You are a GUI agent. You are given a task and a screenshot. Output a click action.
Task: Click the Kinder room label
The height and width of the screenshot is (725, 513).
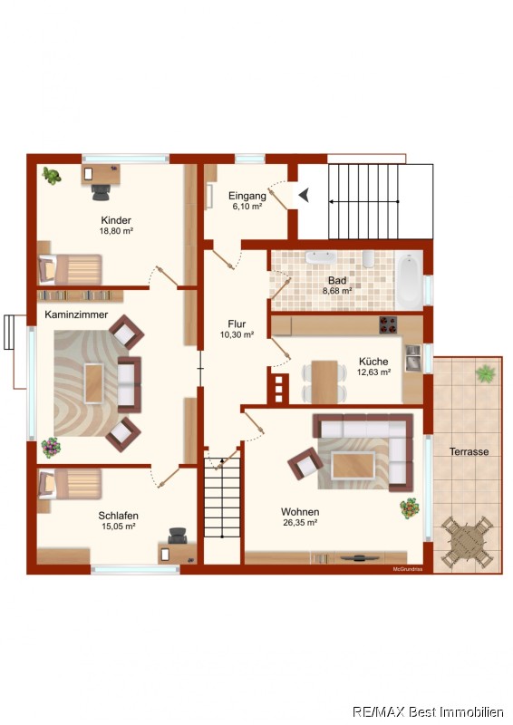click(x=116, y=220)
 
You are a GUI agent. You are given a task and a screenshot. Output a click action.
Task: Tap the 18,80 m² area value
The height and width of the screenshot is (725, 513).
click(x=116, y=231)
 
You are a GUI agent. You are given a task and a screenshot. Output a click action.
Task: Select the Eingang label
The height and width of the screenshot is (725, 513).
click(x=247, y=196)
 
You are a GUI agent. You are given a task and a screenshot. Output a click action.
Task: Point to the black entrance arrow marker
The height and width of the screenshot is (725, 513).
click(x=304, y=195)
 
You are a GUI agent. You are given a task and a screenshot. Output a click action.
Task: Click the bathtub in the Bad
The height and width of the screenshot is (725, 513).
click(x=410, y=280)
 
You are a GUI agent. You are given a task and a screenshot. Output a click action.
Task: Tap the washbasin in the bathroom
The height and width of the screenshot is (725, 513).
click(x=321, y=257)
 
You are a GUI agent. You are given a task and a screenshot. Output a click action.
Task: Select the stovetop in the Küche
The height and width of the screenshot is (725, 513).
click(x=388, y=324)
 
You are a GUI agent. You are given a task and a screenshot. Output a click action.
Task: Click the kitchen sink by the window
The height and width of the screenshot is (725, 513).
click(x=413, y=358)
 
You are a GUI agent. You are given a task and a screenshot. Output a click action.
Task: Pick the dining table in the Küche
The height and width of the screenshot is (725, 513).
click(x=324, y=382)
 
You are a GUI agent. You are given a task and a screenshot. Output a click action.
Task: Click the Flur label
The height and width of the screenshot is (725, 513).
click(x=237, y=324)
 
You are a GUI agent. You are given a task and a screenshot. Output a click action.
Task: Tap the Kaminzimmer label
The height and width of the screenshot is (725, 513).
click(x=76, y=314)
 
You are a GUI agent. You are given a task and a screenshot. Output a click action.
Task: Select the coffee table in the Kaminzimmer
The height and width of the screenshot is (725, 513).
click(x=94, y=383)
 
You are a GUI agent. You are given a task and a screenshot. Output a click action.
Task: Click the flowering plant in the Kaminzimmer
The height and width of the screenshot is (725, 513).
click(x=51, y=448)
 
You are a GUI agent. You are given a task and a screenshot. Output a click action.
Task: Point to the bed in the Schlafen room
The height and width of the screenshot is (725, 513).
click(x=70, y=485)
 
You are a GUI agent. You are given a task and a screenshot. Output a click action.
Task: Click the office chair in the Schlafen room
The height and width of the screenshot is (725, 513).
click(x=177, y=536)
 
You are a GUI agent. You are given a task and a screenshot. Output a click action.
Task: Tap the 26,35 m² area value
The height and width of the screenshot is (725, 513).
click(x=300, y=523)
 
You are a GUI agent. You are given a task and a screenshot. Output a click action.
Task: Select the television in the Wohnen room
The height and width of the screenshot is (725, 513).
click(x=359, y=558)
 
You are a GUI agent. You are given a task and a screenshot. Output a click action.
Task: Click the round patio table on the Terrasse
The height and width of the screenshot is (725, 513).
click(x=467, y=542)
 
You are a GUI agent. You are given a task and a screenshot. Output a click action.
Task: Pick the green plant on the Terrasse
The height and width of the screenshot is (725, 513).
click(x=485, y=373)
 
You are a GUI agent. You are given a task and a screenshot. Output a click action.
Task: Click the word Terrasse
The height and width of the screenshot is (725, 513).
click(x=469, y=451)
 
